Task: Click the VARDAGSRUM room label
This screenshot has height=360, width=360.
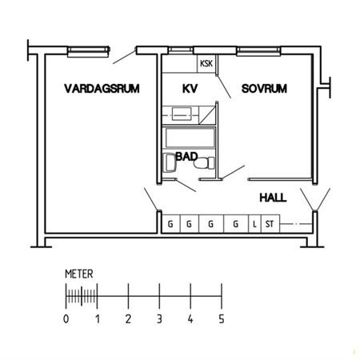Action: [102, 89]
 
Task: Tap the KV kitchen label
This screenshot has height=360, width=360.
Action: [190, 89]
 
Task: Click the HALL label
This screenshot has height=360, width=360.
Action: [273, 196]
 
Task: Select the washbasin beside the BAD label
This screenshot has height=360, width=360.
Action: [168, 164]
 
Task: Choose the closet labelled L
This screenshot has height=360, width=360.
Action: [254, 224]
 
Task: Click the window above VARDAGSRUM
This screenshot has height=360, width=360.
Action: [86, 51]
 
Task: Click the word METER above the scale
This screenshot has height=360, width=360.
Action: [78, 274]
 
